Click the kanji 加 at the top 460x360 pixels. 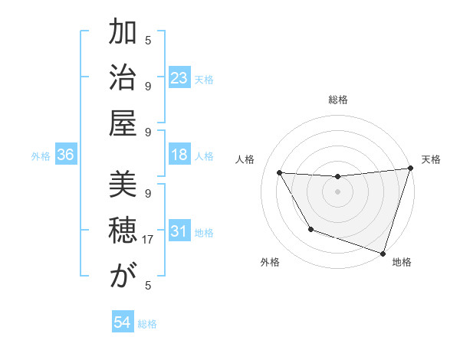click(x=123, y=34)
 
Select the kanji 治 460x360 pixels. click(x=123, y=78)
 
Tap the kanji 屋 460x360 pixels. click(x=123, y=123)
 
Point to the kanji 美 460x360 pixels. click(x=123, y=186)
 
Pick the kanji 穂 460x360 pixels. click(x=123, y=231)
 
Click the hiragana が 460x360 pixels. click(x=123, y=276)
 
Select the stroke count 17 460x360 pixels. click(x=149, y=240)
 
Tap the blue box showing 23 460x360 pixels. click(x=179, y=78)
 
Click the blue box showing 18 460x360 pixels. click(x=179, y=155)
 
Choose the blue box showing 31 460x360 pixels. click(x=179, y=231)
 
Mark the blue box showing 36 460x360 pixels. click(x=65, y=155)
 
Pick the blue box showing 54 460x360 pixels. click(x=122, y=322)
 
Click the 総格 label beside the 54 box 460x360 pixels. click(x=147, y=324)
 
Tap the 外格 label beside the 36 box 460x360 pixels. click(x=41, y=156)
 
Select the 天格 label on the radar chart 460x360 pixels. click(x=431, y=159)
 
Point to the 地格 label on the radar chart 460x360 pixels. click(x=402, y=262)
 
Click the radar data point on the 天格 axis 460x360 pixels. click(x=410, y=169)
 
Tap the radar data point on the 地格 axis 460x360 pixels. click(x=382, y=253)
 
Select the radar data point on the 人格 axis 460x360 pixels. click(x=279, y=173)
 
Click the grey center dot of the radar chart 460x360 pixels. click(x=337, y=191)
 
